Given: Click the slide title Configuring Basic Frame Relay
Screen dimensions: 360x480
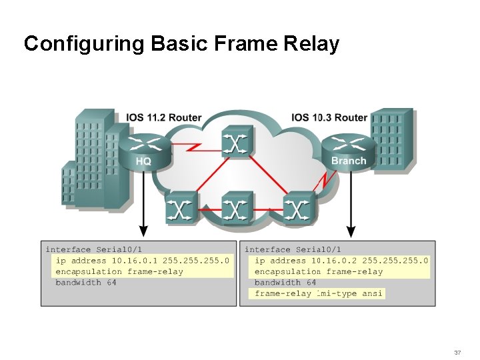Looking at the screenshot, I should click(181, 44).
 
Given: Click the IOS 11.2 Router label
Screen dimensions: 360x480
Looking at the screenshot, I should click(163, 118).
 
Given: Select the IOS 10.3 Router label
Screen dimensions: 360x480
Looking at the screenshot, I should click(329, 118).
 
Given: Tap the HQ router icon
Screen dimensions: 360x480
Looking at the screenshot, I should click(143, 151).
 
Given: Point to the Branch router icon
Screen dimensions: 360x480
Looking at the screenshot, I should click(347, 151).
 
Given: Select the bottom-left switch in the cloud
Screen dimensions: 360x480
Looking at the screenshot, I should click(181, 209).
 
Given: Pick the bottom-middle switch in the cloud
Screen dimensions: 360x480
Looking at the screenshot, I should click(235, 209).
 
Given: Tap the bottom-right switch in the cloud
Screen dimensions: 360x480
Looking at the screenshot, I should click(297, 209).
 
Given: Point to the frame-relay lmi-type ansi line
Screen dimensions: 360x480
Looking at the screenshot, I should click(319, 293).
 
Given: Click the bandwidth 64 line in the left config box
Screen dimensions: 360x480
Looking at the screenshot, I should click(86, 283).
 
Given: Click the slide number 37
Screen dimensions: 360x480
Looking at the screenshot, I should click(457, 352).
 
